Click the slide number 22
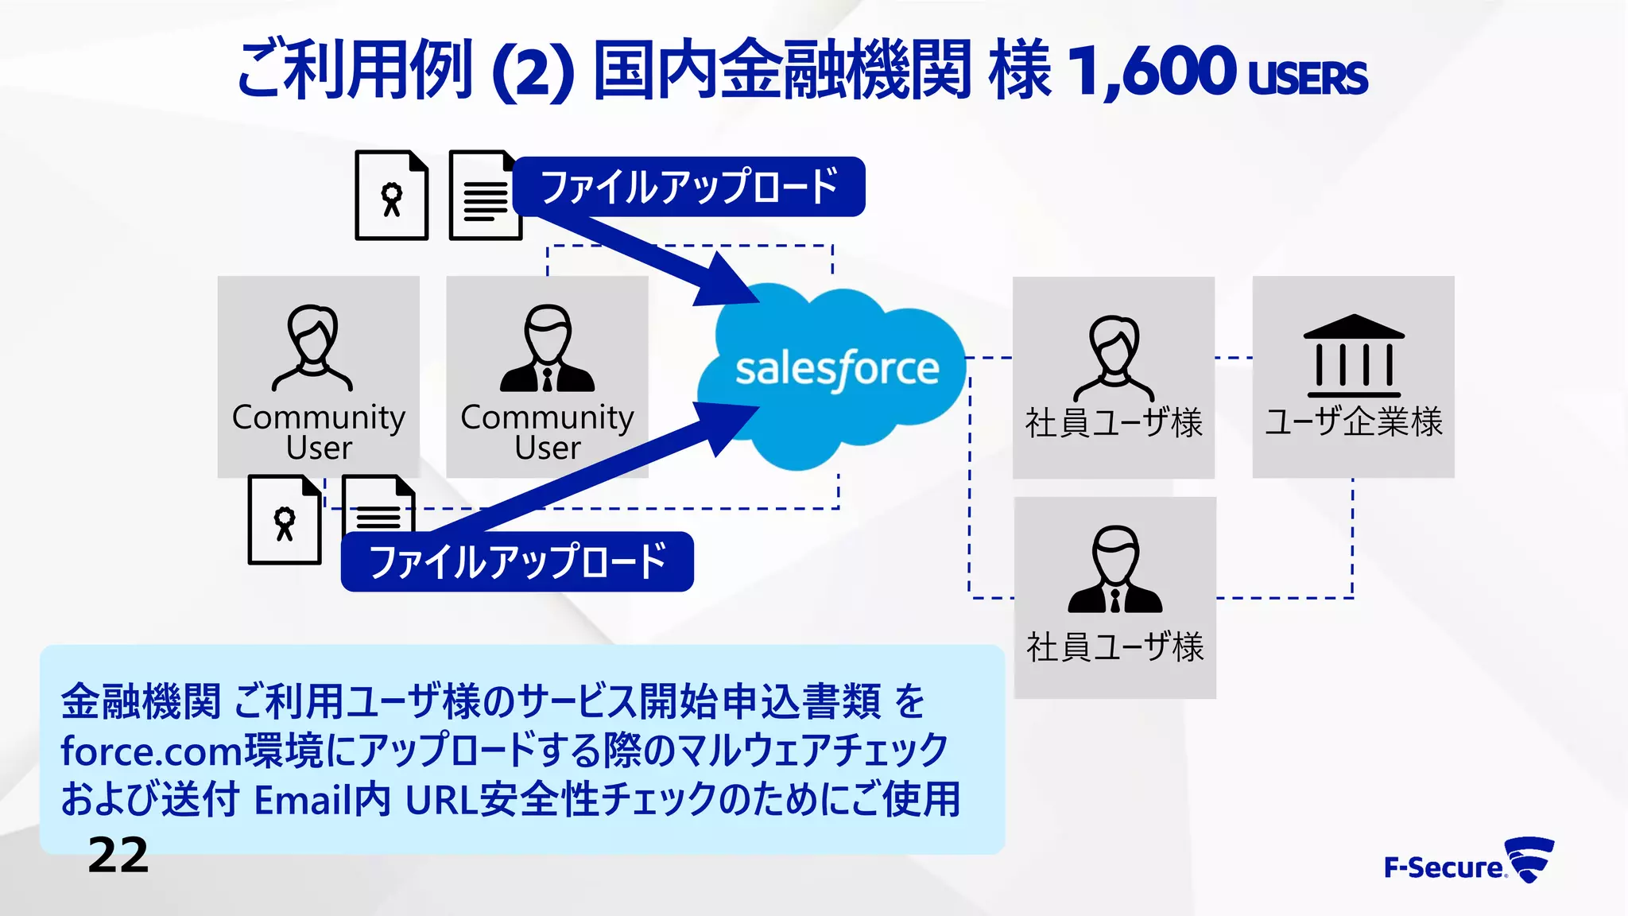[x=118, y=856]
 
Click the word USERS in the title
[x=1308, y=78]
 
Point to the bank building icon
[x=1353, y=355]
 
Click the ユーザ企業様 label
[x=1353, y=421]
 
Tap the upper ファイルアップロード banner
[x=689, y=187]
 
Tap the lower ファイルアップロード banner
[x=517, y=561]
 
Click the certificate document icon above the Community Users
[x=391, y=196]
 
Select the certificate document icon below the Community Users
[x=285, y=520]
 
